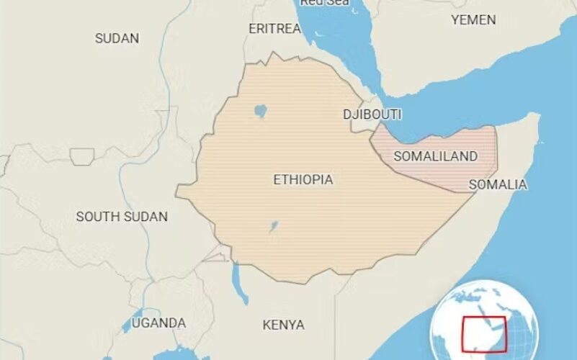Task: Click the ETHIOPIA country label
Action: [303, 180]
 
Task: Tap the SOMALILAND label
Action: [436, 156]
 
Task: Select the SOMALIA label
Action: [498, 185]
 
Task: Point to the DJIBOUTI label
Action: [372, 114]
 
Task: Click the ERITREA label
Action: [274, 29]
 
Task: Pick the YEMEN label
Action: [473, 20]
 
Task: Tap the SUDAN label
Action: [117, 38]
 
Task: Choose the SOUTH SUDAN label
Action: [122, 216]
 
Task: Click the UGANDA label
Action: [158, 323]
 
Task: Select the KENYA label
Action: [283, 325]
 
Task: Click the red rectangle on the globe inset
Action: [484, 335]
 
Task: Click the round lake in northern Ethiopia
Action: [261, 112]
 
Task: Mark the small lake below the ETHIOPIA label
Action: [274, 228]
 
